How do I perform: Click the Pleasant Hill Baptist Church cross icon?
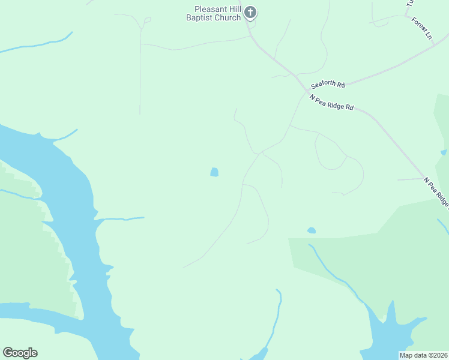pyautogui.click(x=251, y=13)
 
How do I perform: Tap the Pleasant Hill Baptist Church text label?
pyautogui.click(x=218, y=13)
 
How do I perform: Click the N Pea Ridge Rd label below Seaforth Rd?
pyautogui.click(x=331, y=102)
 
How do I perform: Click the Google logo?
pyautogui.click(x=20, y=353)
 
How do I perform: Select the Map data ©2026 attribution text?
pyautogui.click(x=423, y=355)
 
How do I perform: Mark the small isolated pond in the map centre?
pyautogui.click(x=214, y=172)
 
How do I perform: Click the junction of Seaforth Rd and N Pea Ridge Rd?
pyautogui.click(x=305, y=87)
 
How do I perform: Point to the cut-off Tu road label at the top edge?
pyautogui.click(x=411, y=3)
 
